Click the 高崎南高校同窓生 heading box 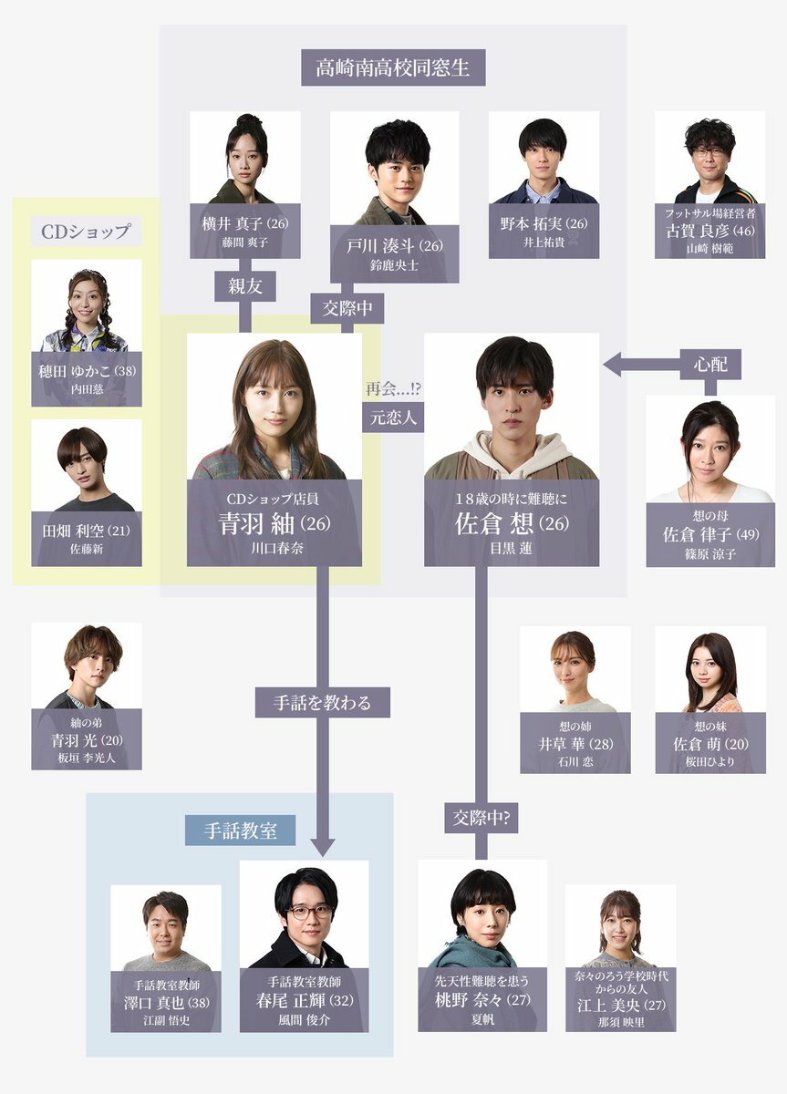click(393, 68)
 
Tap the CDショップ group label click(87, 231)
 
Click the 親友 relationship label click(244, 285)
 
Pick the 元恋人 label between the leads click(393, 418)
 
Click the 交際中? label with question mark click(482, 818)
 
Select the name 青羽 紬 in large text click(264, 524)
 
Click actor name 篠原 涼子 click(710, 553)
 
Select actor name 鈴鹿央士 click(394, 267)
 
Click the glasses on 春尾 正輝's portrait click(305, 911)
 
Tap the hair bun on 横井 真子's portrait click(245, 120)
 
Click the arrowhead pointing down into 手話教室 click(323, 847)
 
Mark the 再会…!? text click(393, 389)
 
